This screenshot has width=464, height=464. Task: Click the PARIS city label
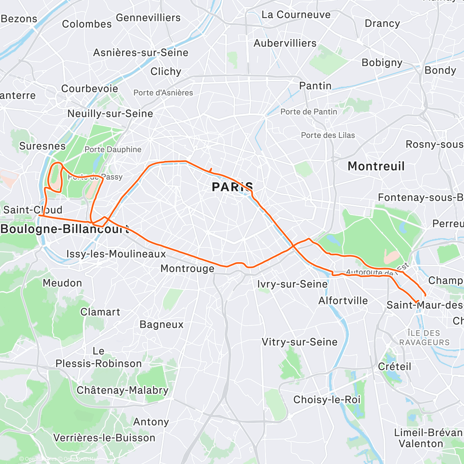tap(232, 187)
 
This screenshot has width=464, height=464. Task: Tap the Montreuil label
tap(376, 166)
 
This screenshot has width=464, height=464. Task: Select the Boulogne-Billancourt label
tap(65, 229)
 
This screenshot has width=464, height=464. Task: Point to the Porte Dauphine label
tap(113, 150)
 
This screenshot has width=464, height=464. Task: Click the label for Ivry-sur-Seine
tap(292, 284)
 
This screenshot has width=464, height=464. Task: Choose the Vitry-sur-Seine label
tap(300, 342)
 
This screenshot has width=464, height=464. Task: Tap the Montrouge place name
tap(187, 269)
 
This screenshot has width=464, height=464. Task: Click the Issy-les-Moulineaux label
tap(116, 254)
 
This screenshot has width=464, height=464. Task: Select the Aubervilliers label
tap(285, 43)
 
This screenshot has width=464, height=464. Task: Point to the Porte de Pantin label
tap(309, 112)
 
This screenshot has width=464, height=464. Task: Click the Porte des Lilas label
tap(328, 135)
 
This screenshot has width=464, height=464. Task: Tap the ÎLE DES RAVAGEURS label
tap(424, 338)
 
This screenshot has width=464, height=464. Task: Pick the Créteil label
tap(394, 367)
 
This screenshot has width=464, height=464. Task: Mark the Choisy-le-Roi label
tap(327, 399)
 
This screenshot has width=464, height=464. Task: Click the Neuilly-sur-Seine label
tap(110, 114)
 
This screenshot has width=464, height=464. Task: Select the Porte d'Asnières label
tap(163, 93)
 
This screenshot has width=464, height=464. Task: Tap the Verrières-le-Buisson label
tap(104, 438)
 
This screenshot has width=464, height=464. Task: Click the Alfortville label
tap(343, 301)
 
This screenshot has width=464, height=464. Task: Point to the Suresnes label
tap(43, 146)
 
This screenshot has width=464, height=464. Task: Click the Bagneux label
tap(161, 324)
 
